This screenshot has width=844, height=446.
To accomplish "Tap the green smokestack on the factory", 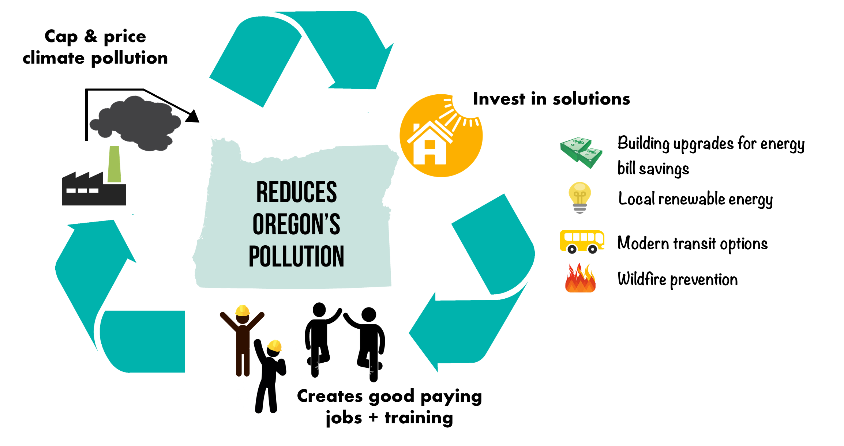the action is (115, 164).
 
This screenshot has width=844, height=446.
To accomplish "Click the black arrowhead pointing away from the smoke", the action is (192, 116).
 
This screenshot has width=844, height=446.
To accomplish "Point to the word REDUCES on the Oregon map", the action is (296, 192).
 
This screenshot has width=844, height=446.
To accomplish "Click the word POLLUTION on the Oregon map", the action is (296, 256).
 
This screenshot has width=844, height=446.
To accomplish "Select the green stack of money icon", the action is (581, 153).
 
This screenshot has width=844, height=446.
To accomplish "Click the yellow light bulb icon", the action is (580, 197).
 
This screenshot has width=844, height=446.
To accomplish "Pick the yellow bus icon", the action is (582, 242).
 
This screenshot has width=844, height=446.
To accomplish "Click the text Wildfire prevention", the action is (678, 280).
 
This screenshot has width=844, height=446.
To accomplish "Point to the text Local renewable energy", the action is (695, 200).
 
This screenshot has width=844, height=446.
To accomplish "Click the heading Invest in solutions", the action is (551, 99).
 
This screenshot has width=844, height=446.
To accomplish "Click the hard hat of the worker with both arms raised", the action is (242, 310).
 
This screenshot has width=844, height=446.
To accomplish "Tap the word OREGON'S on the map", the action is (296, 224).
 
